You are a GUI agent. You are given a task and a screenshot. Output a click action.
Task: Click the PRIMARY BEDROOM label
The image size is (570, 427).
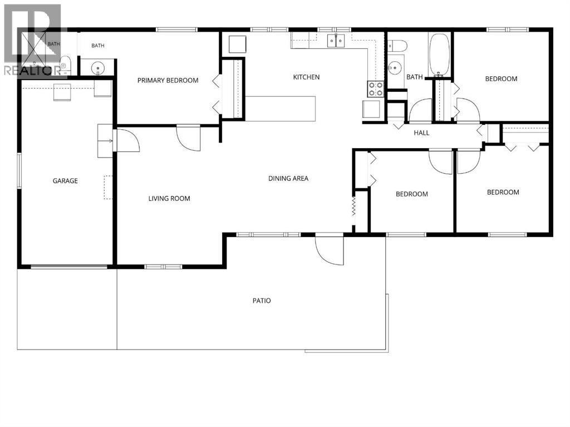[x=168, y=80]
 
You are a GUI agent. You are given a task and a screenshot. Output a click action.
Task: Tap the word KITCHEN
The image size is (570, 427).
[x=307, y=77]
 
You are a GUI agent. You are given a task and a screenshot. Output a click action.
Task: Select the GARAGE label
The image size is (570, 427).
[x=65, y=181]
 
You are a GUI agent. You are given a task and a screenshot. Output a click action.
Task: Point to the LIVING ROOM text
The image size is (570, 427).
[x=169, y=199]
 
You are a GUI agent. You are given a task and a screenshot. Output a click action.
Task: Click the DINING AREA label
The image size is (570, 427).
[x=288, y=179]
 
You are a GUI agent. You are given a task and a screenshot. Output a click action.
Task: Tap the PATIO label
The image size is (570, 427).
[x=262, y=301]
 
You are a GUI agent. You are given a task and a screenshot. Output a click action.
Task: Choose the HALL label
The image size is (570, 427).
[x=422, y=133]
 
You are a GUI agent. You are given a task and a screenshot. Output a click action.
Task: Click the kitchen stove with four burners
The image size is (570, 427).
[x=376, y=89]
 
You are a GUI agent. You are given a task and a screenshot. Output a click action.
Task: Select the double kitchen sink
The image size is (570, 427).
[x=336, y=41]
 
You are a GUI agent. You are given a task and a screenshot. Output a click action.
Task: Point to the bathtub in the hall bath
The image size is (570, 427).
[x=440, y=55]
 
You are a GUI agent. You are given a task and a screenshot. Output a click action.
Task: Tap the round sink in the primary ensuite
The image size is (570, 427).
[x=98, y=68]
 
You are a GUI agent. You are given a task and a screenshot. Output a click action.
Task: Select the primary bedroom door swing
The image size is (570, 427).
[x=188, y=138]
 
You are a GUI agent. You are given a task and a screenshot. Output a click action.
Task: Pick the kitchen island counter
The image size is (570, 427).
[x=280, y=109]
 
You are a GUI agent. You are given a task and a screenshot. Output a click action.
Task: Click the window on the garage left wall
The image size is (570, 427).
[x=19, y=171]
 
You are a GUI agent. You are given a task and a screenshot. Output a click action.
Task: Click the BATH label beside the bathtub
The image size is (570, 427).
[x=414, y=77]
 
